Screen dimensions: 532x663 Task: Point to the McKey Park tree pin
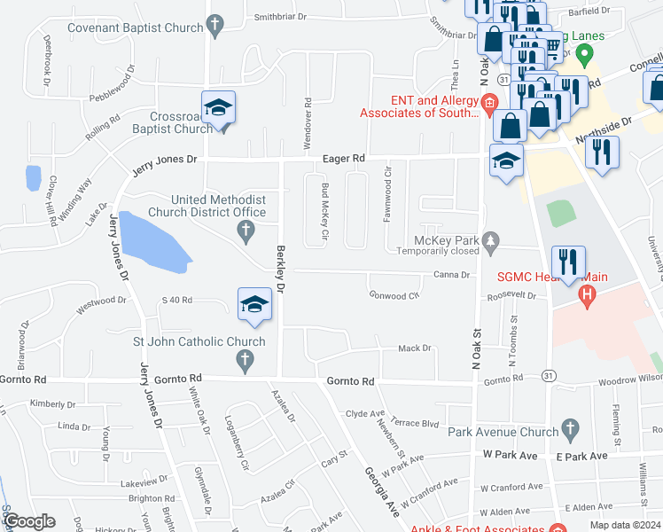click(492, 240)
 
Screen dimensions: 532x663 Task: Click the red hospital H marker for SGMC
click(585, 294)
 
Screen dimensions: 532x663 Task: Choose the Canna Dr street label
click(451, 275)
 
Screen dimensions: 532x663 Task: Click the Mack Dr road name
click(414, 348)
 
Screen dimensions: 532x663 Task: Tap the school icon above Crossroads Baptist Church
click(218, 108)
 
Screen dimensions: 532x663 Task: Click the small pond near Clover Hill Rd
click(34, 177)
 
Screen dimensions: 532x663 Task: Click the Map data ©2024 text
click(624, 525)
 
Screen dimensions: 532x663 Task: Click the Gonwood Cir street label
click(394, 294)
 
